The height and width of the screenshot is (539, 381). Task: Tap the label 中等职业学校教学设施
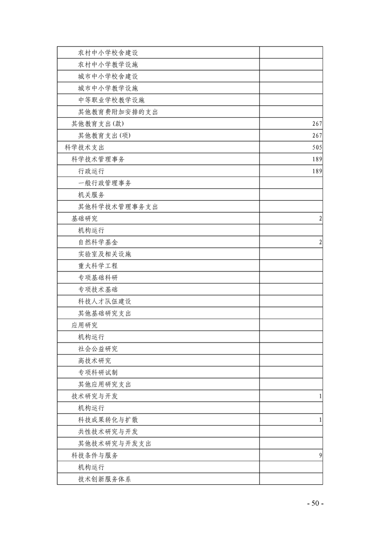[x=111, y=100]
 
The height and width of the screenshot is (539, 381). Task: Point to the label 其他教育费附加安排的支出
[x=118, y=112]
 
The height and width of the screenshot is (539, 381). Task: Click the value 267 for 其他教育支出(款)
[x=317, y=124]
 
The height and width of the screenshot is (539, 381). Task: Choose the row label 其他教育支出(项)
[x=104, y=135]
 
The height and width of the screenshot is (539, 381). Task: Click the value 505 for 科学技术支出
[x=317, y=147]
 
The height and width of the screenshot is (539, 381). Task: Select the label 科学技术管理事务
[x=98, y=159]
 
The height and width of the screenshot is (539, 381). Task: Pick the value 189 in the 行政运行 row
[x=317, y=171]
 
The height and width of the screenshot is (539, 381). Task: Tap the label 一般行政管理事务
[x=105, y=183]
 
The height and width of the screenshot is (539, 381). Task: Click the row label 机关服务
[x=91, y=195]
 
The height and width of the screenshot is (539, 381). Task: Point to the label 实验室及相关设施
[x=105, y=254]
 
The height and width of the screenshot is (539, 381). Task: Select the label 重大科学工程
[x=98, y=266]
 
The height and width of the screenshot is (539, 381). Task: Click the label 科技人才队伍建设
[x=105, y=301]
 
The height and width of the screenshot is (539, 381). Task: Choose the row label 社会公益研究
[x=98, y=349]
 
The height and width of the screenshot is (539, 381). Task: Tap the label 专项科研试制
[x=98, y=372]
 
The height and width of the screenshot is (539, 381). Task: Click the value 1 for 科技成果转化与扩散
[x=320, y=420]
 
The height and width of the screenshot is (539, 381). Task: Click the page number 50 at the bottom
[x=315, y=503]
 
